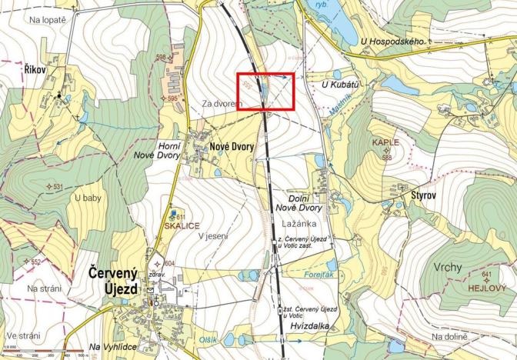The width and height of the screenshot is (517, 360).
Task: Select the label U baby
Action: coord(88,198)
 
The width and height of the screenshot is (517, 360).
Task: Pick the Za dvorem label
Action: coord(217,102)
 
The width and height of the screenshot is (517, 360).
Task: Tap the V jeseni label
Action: coord(213,236)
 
